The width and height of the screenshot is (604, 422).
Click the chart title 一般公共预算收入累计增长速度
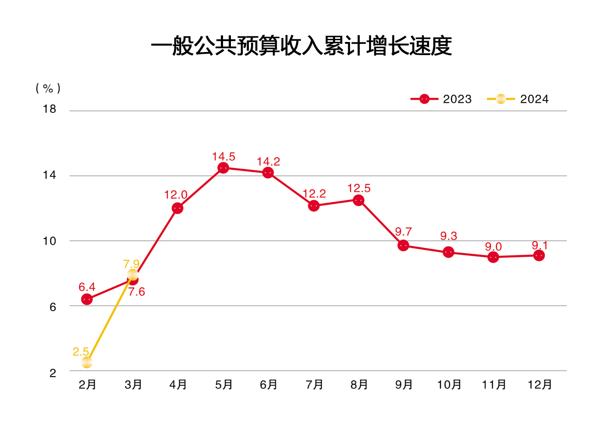tap(301, 46)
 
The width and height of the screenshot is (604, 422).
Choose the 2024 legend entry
tap(518, 99)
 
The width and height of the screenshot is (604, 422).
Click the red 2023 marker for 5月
tap(223, 168)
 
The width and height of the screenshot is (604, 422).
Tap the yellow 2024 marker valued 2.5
tap(87, 363)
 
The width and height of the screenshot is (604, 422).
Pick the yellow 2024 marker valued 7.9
tap(133, 275)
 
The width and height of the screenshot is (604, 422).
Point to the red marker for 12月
tap(539, 255)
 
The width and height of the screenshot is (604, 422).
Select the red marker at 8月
tap(359, 200)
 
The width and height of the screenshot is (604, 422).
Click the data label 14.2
tap(268, 162)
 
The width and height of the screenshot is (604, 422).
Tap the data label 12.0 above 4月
tap(176, 195)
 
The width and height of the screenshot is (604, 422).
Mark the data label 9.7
tap(403, 232)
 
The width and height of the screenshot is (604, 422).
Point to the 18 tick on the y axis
tap(49, 109)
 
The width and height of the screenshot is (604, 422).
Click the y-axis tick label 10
tap(49, 241)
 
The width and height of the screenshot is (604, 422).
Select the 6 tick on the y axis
tap(53, 307)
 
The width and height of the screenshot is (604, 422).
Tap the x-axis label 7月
tap(314, 385)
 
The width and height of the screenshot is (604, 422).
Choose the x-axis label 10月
tap(449, 385)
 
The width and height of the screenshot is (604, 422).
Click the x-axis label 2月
tap(87, 385)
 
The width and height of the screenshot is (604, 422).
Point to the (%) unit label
tap(48, 88)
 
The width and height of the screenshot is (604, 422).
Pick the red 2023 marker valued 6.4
tap(87, 300)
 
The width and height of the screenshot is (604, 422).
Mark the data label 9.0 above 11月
tap(493, 247)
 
